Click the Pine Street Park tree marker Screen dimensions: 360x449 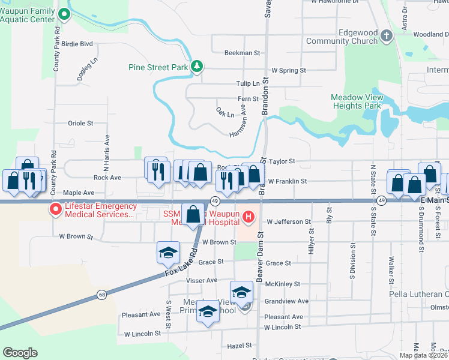(196, 67)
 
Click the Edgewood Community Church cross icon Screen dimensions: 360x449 (386, 36)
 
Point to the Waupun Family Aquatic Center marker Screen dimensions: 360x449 (67, 14)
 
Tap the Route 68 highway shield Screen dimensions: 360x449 (102, 295)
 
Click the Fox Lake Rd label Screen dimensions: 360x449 (180, 263)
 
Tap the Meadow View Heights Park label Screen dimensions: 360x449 (357, 101)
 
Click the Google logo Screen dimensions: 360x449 (20, 353)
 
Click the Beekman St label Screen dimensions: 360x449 (242, 53)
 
